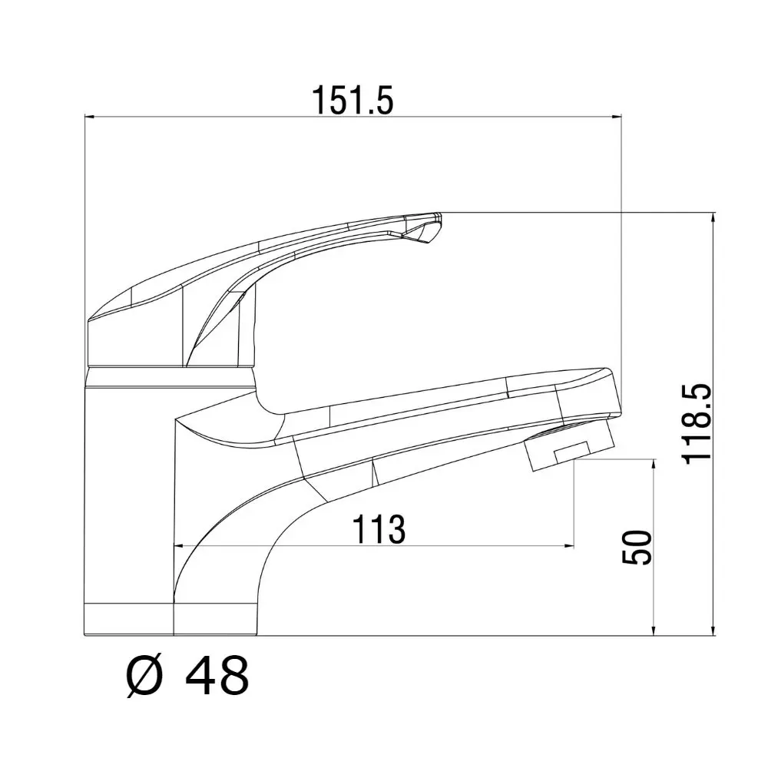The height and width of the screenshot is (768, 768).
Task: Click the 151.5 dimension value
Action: pyautogui.click(x=353, y=100)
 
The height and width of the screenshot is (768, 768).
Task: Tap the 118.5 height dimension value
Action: pyautogui.click(x=697, y=423)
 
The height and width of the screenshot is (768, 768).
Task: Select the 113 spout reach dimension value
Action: pyautogui.click(x=379, y=529)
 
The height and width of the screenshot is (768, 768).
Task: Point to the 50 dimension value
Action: pyautogui.click(x=637, y=547)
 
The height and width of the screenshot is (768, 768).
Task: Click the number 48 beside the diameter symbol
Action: pyautogui.click(x=217, y=677)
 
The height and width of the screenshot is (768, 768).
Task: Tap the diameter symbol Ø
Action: pyautogui.click(x=144, y=677)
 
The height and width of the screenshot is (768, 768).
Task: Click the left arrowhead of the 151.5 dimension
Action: pyautogui.click(x=89, y=117)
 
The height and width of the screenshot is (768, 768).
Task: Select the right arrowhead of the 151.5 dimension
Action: pyautogui.click(x=617, y=117)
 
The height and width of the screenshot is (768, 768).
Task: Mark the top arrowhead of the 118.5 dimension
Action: pyautogui.click(x=713, y=217)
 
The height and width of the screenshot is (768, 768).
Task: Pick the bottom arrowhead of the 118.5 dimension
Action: pyautogui.click(x=713, y=631)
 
